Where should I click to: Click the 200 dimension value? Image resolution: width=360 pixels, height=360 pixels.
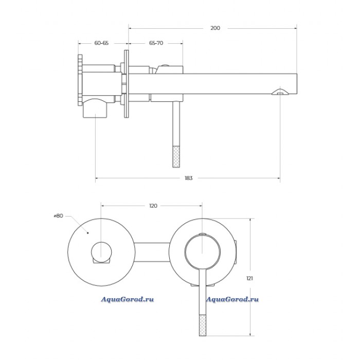click(215, 28)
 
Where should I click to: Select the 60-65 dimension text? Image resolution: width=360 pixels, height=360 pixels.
click(101, 43)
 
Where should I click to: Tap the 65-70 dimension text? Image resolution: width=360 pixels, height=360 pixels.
click(156, 43)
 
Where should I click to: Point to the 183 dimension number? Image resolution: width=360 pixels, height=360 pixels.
click(189, 178)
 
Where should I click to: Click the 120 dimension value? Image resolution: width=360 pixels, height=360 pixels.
click(153, 206)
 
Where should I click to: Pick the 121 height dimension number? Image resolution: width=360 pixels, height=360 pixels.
click(249, 278)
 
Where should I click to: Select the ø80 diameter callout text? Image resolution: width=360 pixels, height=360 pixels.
click(58, 216)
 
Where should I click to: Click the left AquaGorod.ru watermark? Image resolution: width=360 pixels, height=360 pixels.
click(128, 299)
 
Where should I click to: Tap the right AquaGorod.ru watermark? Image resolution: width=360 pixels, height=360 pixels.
click(232, 299)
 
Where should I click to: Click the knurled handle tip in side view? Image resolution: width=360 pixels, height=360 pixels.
click(176, 156)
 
